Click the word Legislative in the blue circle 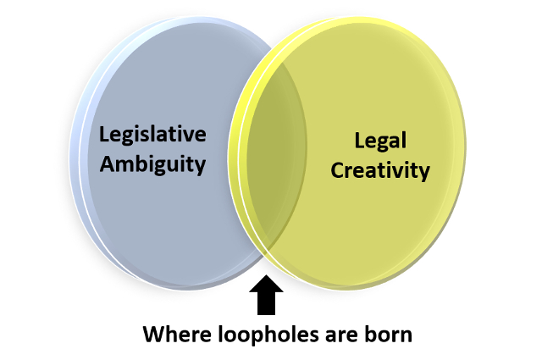pos(152,135)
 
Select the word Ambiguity pos(152,164)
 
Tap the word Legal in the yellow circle pos(380,141)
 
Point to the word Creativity pos(380,171)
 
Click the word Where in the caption pos(177,335)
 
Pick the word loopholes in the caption pos(268,335)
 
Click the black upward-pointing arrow pos(266,295)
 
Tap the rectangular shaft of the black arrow pos(266,303)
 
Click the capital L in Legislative pos(103,134)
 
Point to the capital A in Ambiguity pos(108,163)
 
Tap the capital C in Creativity pos(338,170)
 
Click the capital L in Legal pos(359,141)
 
